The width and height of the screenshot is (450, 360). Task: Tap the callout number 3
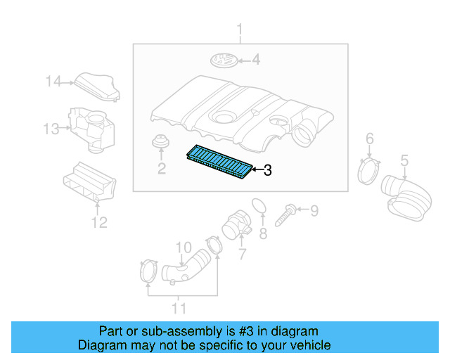point(267,170)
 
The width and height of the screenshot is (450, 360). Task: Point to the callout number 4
point(256,60)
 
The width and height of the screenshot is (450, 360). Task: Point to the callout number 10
point(183,247)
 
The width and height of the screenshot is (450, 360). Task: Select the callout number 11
point(180,307)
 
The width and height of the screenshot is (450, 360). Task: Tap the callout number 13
point(51,129)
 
